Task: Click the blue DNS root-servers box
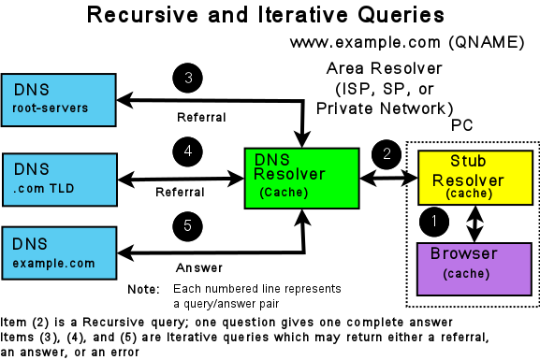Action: [x=58, y=99]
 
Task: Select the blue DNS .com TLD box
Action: [x=59, y=180]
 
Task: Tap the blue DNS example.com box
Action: [x=59, y=252]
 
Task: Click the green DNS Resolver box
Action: [x=301, y=178]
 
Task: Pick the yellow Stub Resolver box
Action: [x=474, y=177]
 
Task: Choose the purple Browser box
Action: [x=474, y=268]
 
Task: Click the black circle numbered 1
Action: [x=434, y=223]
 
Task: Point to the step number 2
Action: [x=387, y=154]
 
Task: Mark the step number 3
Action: [x=188, y=78]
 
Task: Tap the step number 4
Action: [x=188, y=151]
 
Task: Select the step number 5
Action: [x=188, y=225]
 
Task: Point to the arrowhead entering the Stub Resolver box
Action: [x=413, y=177]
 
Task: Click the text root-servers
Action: [x=51, y=108]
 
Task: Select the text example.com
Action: [x=54, y=263]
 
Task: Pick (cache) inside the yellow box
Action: [x=470, y=194]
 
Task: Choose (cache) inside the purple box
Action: [x=466, y=273]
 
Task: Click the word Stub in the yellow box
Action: [x=468, y=162]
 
